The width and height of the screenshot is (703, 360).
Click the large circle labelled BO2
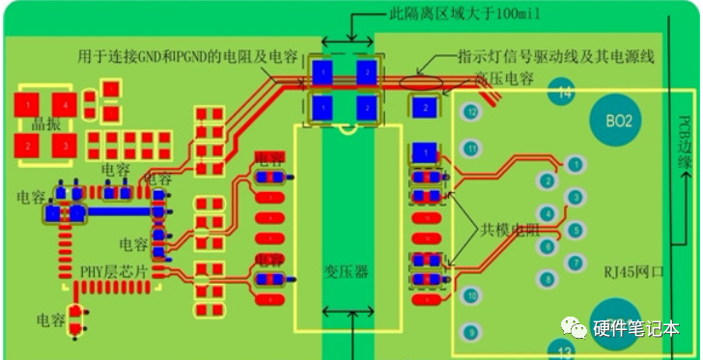pos(618,122)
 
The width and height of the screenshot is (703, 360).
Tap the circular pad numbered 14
pos(563,93)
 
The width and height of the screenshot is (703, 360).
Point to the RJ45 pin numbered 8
pos(548,280)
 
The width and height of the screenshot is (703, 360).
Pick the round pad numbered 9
pos(471,332)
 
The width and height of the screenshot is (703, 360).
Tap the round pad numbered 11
pos(471,149)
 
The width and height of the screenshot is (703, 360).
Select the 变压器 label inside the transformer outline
pos(347,272)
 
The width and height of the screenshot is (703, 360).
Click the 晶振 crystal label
pos(46,124)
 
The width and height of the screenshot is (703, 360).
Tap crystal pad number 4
pos(65,101)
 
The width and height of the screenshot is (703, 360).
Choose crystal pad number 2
pos(29,146)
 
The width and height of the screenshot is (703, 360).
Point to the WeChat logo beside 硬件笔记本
pos(577,329)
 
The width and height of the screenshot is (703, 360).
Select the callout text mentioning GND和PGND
pos(188,56)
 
